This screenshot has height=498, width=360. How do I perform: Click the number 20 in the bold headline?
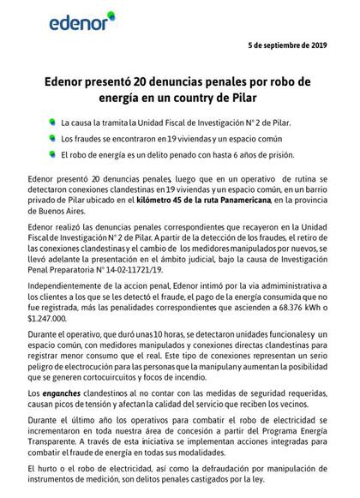click(x=148, y=86)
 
